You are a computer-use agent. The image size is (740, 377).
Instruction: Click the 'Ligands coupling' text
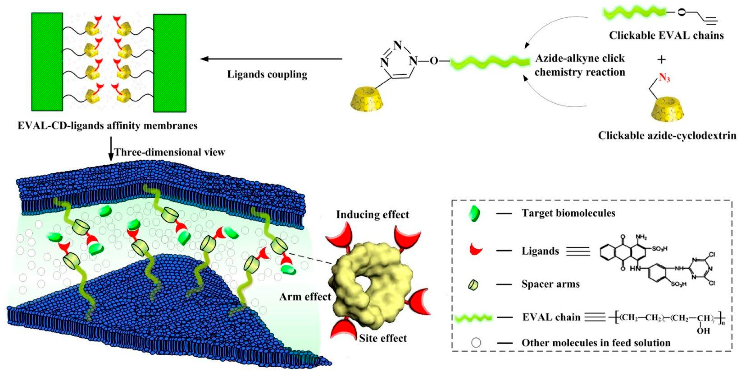click(267, 75)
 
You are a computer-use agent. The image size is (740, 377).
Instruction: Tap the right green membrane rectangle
click(170, 63)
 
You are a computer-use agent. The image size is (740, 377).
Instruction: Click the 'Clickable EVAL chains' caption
click(666, 36)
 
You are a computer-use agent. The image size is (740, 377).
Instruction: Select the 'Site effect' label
click(383, 338)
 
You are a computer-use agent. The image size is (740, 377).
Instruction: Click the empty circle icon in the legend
click(476, 343)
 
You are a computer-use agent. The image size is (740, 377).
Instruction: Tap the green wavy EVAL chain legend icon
click(474, 318)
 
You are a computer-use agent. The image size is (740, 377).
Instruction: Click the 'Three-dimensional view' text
click(170, 152)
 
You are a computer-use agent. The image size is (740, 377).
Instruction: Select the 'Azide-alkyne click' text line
click(580, 58)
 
